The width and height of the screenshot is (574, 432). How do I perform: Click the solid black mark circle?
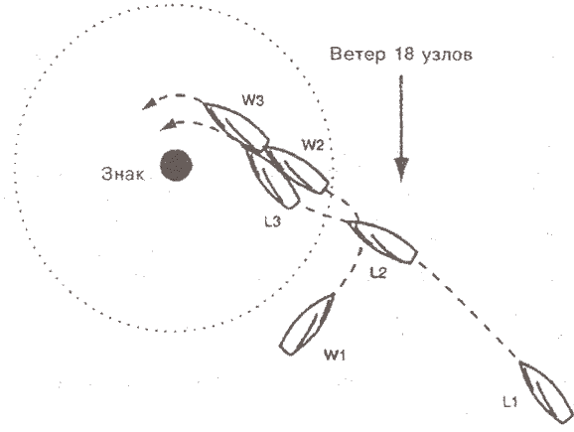tap(177, 165)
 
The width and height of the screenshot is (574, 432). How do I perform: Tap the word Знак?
tap(123, 174)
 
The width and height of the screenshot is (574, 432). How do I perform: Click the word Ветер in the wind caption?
tap(358, 54)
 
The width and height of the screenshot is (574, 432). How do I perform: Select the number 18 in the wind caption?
tap(404, 54)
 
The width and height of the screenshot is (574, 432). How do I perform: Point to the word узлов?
tap(447, 56)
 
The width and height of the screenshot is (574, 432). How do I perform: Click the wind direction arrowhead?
tap(401, 170)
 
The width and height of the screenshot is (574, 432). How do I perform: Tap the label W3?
tap(252, 99)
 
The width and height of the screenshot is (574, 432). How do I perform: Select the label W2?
tap(313, 145)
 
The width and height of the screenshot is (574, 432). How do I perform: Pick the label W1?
tap(335, 355)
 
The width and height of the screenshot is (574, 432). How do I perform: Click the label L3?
tap(273, 221)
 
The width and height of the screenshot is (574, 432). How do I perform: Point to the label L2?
tap(377, 272)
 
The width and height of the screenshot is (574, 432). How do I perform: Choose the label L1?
tap(510, 402)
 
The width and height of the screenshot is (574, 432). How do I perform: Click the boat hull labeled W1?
tap(308, 324)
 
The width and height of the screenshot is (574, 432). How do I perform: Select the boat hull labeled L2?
tap(381, 242)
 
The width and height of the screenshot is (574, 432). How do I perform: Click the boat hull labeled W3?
tap(236, 126)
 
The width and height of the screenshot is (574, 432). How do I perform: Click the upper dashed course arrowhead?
tap(149, 104)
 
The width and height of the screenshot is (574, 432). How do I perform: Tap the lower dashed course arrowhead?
tap(167, 125)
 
